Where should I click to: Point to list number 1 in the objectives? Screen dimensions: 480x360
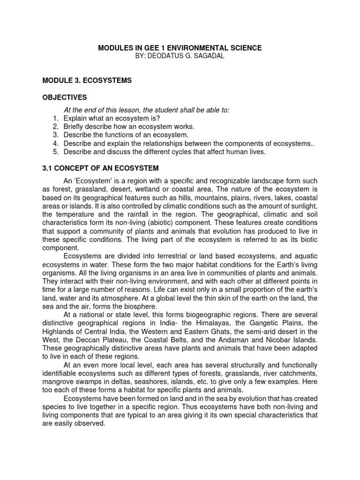55,119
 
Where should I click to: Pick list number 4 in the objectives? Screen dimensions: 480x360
55,143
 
